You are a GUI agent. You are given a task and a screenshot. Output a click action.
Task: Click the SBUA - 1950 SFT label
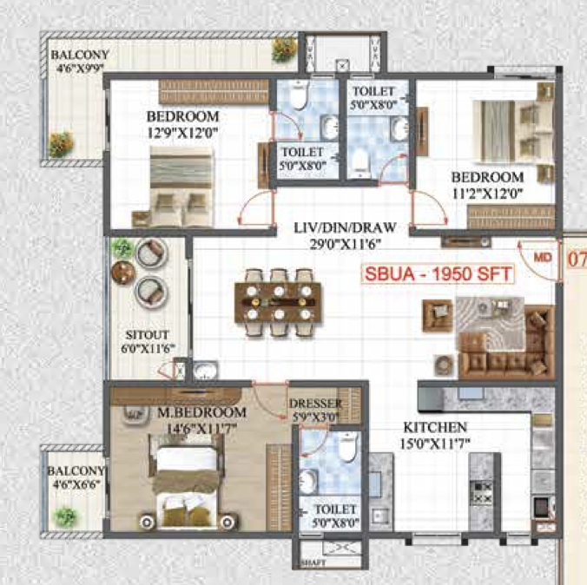tap(438, 273)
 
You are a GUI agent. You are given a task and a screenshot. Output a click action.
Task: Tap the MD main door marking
tap(543, 257)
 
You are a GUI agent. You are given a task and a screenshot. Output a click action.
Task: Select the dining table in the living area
tap(278, 302)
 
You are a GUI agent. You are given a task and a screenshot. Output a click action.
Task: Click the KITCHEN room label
tap(435, 427)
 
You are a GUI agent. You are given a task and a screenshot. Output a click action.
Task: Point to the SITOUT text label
tap(147, 335)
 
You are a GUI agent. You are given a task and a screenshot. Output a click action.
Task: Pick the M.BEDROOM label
tap(201, 412)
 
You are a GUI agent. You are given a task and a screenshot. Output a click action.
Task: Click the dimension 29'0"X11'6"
tap(345, 244)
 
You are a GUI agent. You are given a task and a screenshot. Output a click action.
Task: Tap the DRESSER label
tap(315, 404)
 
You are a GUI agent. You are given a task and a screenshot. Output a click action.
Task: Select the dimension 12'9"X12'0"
tap(182, 133)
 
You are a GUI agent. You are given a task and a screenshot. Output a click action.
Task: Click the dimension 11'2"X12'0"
tap(487, 194)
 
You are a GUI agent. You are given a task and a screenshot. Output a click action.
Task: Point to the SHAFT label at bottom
tap(313, 563)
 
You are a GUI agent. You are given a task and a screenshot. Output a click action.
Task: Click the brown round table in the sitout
tap(122, 272)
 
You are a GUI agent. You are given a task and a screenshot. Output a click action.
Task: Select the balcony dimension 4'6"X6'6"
tap(76, 484)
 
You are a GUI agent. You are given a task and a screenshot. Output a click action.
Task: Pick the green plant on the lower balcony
tap(66, 517)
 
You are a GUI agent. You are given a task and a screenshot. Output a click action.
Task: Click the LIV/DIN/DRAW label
tap(345, 227)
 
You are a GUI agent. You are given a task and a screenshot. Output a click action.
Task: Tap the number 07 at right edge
tap(577, 260)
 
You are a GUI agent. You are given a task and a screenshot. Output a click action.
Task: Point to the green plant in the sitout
tap(122, 247)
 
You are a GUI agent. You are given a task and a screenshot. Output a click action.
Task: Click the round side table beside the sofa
tap(445, 365)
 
